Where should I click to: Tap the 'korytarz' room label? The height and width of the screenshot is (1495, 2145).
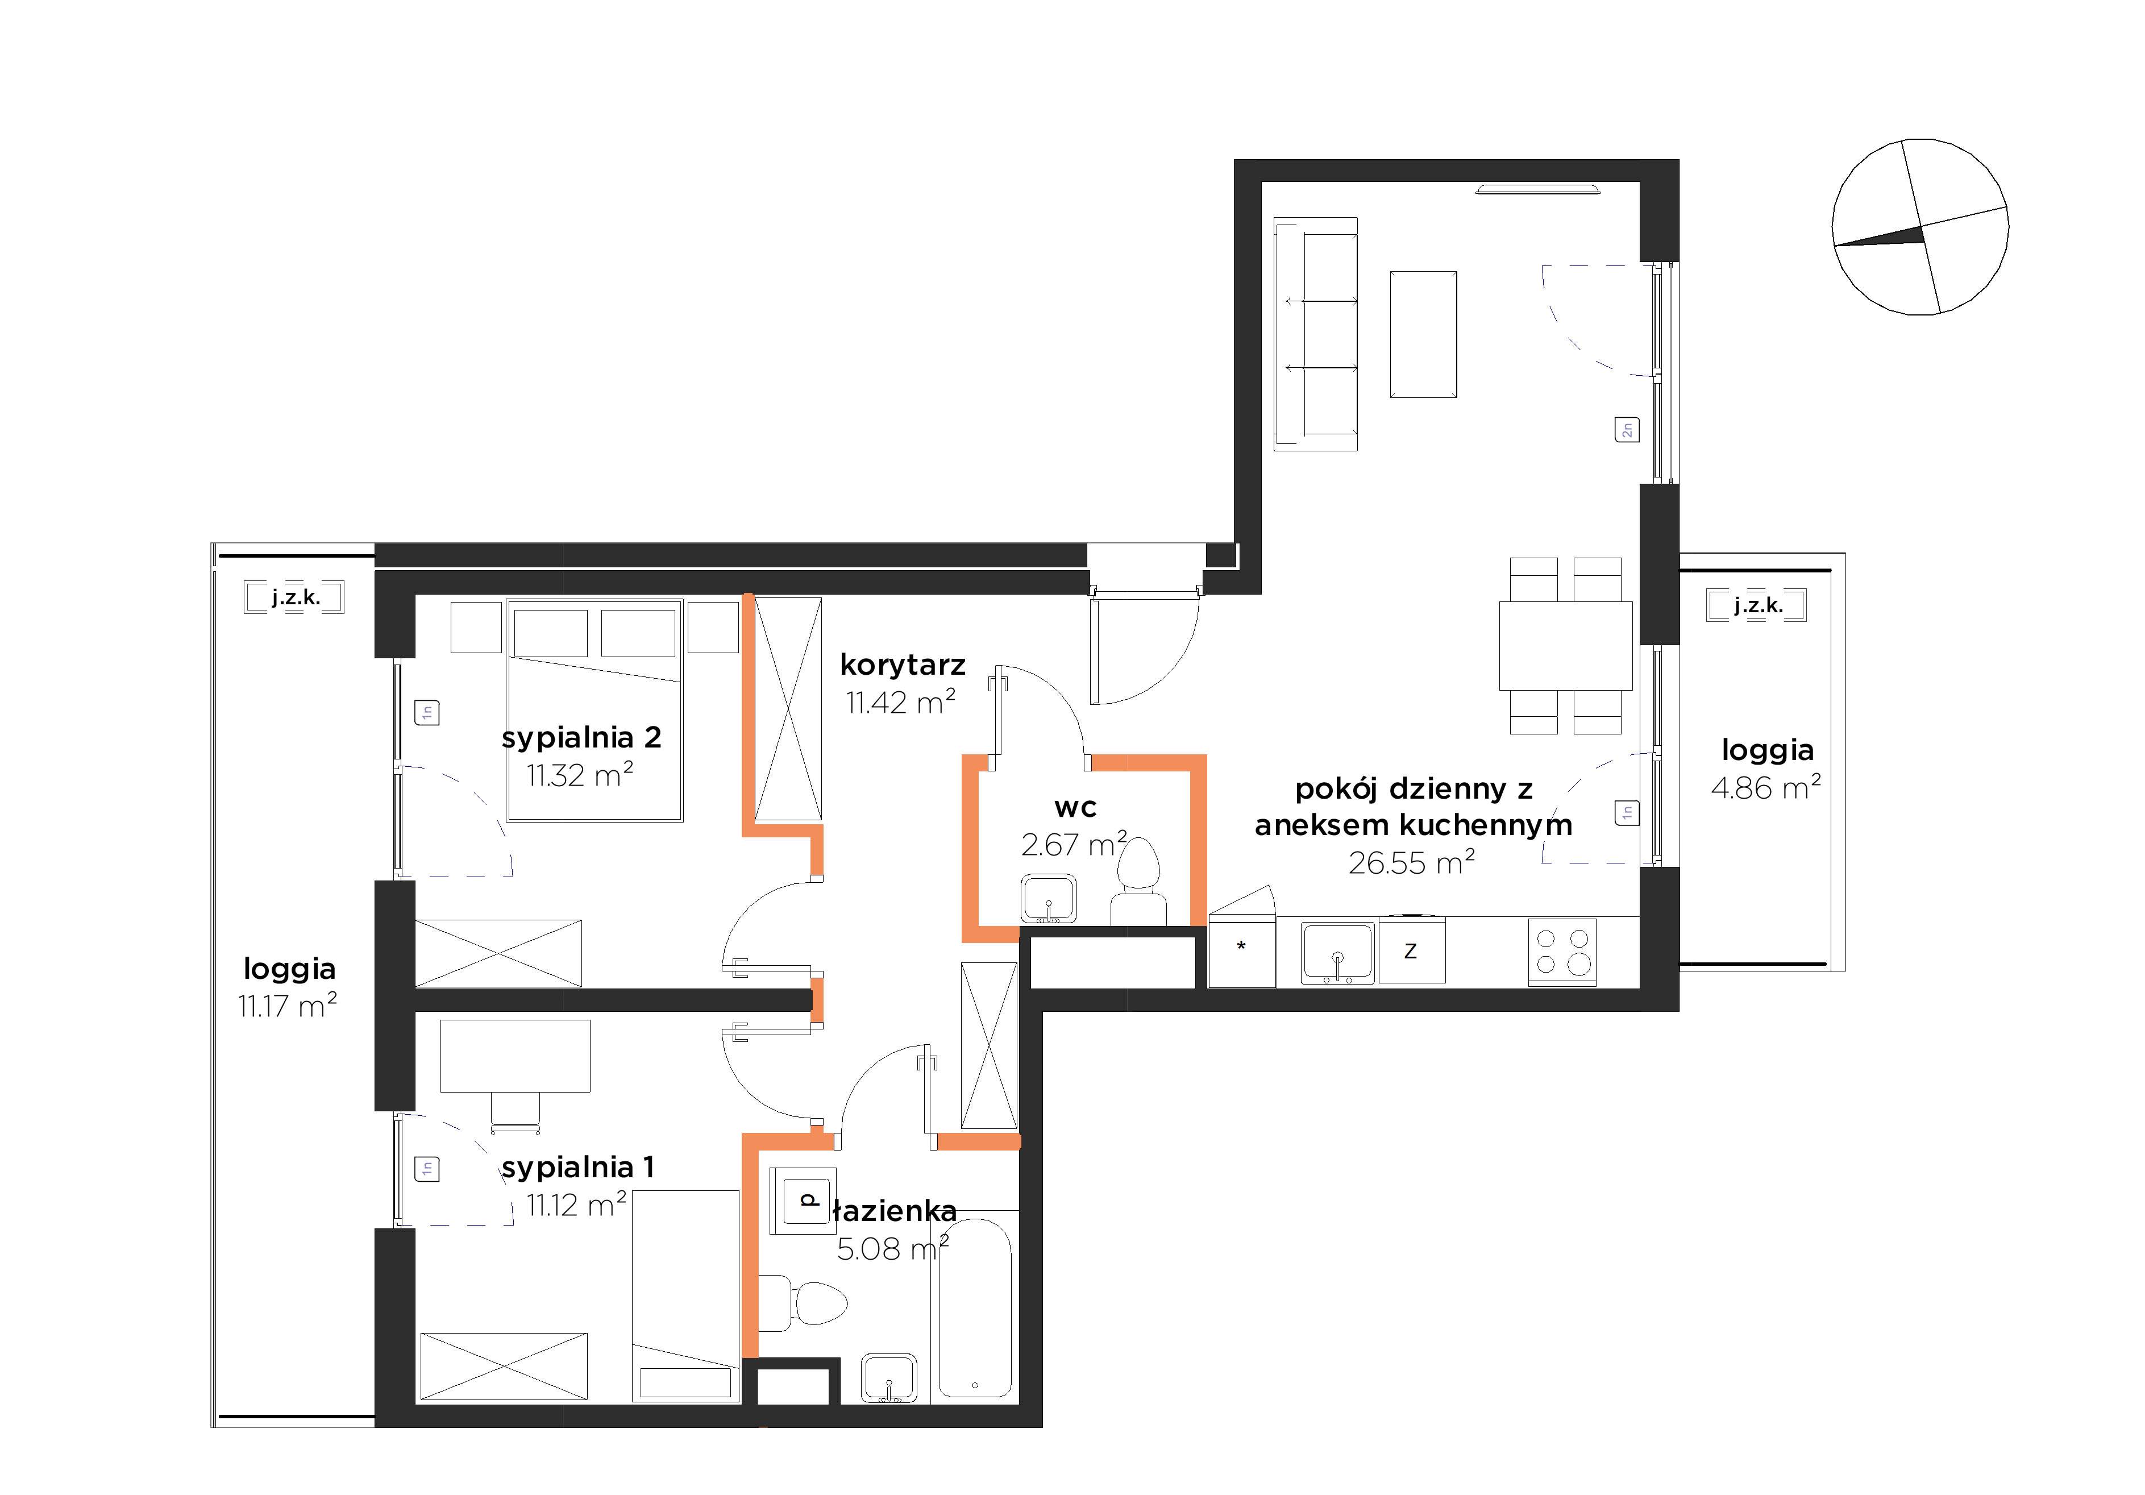pos(903,665)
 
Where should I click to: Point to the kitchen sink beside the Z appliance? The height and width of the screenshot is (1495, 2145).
pos(1338,953)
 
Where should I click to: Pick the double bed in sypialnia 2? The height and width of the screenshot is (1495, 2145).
pos(594,710)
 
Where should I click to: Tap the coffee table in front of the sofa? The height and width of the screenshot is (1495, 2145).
pos(1423,334)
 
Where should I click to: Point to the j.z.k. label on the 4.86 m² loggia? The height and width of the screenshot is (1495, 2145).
pos(1758,605)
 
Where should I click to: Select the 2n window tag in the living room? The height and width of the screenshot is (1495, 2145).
pos(1627,430)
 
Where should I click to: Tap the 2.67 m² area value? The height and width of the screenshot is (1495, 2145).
pos(1074,844)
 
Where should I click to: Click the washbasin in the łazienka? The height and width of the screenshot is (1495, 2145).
pos(889,1379)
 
